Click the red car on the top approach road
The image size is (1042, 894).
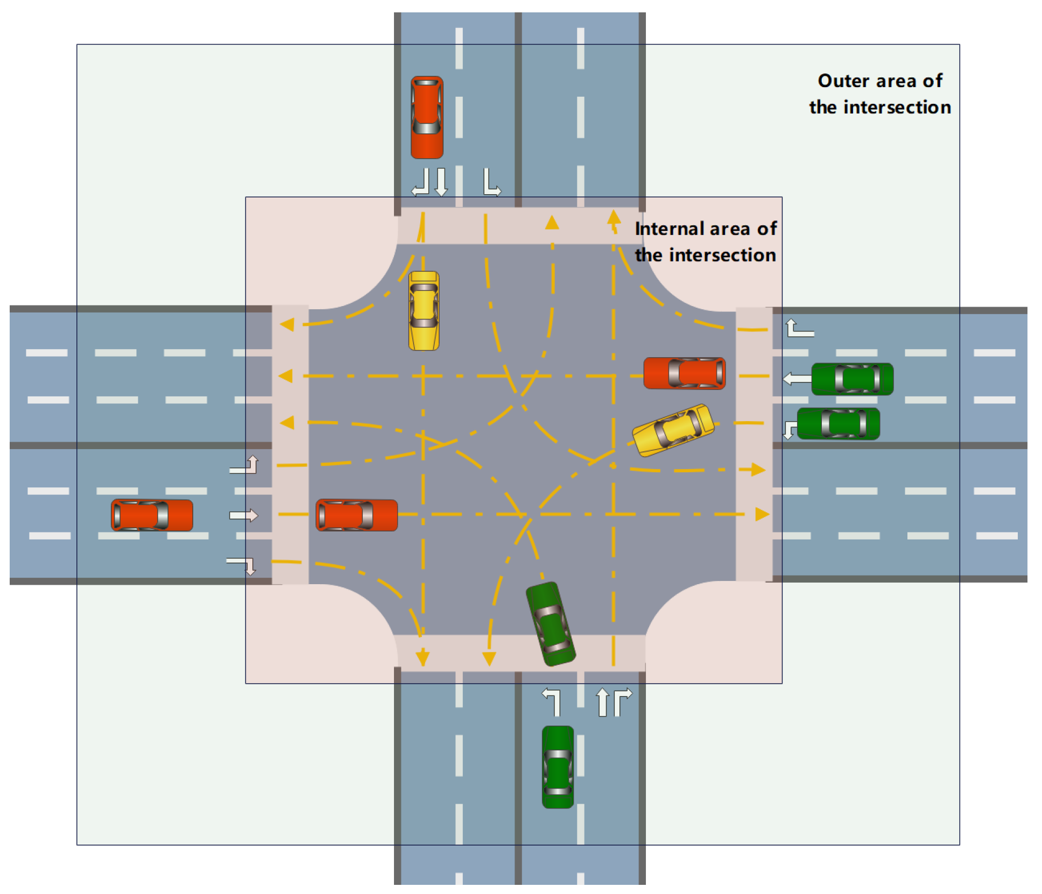coord(427,117)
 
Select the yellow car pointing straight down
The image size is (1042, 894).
coord(424,311)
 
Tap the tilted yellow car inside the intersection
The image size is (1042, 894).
coord(673,430)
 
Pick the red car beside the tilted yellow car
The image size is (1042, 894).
coord(684,373)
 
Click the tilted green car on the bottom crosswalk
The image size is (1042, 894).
coord(550,623)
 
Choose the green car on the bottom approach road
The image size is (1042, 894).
coord(558,767)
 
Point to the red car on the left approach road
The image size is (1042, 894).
coord(152,515)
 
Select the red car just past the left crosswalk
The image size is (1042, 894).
coord(356,515)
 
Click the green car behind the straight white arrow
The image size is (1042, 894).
coord(852,379)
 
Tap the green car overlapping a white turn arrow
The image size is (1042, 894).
coord(838,424)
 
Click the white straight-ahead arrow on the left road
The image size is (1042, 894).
coord(243,515)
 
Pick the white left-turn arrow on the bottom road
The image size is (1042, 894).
coord(552,701)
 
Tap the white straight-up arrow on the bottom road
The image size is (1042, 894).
coord(602,702)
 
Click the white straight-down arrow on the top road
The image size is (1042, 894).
coord(441,182)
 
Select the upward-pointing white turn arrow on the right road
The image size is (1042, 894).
coord(799,328)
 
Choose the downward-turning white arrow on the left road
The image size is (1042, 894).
coord(243,565)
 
